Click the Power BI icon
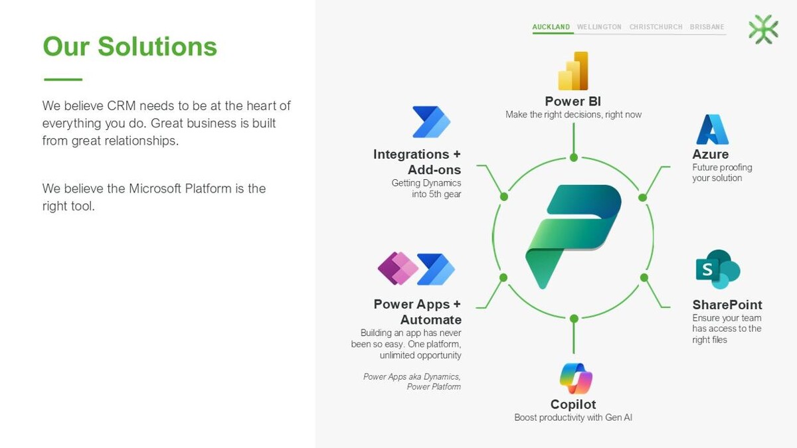(573, 71)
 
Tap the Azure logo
(712, 129)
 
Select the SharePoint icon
(718, 269)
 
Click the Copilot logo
(576, 378)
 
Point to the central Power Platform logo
(573, 237)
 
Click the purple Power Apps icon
(398, 268)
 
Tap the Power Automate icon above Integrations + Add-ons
(431, 121)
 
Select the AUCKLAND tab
(551, 27)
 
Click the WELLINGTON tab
(599, 27)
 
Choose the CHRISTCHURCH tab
(656, 27)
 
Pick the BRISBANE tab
(707, 27)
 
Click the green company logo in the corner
(764, 29)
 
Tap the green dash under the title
(63, 79)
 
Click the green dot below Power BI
(574, 157)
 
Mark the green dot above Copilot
(574, 319)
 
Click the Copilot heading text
(573, 405)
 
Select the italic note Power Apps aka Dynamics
(412, 377)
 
